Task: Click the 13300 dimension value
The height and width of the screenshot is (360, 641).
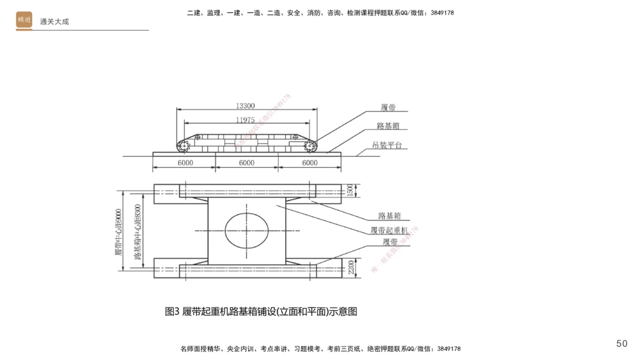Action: (x=246, y=106)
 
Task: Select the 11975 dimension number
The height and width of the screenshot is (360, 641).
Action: (x=246, y=120)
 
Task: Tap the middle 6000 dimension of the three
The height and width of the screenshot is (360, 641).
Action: (x=246, y=163)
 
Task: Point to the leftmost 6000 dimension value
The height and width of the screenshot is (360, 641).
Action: (x=185, y=163)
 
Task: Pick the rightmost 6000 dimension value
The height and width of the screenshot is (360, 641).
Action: (x=309, y=163)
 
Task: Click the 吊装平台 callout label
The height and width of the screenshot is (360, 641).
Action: (x=387, y=145)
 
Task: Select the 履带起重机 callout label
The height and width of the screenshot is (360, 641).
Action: (x=389, y=229)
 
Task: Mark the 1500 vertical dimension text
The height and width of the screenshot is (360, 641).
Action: (x=350, y=190)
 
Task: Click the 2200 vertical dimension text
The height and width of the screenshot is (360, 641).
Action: (x=350, y=266)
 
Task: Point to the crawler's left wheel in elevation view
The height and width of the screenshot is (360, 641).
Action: (x=185, y=147)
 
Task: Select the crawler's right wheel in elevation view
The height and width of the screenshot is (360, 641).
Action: (x=310, y=147)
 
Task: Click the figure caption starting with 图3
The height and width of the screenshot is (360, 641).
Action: (x=261, y=312)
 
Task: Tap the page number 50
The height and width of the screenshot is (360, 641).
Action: (x=621, y=344)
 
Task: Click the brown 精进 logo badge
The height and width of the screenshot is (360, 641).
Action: (x=24, y=20)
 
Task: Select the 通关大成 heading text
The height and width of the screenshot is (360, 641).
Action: (x=54, y=21)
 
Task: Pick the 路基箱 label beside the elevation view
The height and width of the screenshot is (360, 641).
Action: (x=388, y=126)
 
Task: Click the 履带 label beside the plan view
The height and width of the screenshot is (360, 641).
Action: (x=390, y=242)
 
